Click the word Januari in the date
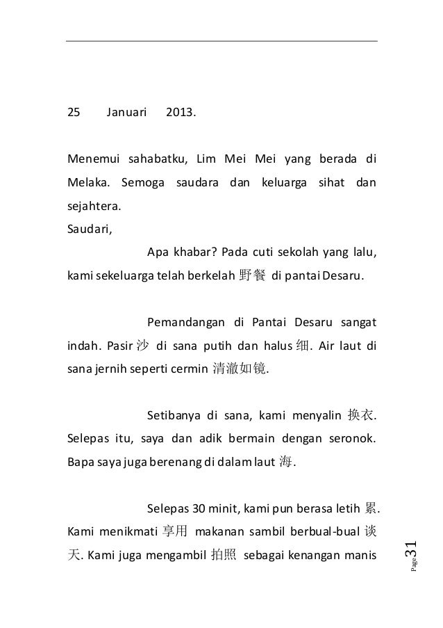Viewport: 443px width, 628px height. click(x=127, y=111)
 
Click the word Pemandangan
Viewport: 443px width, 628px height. click(x=184, y=323)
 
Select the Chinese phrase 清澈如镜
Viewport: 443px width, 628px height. click(x=238, y=369)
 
